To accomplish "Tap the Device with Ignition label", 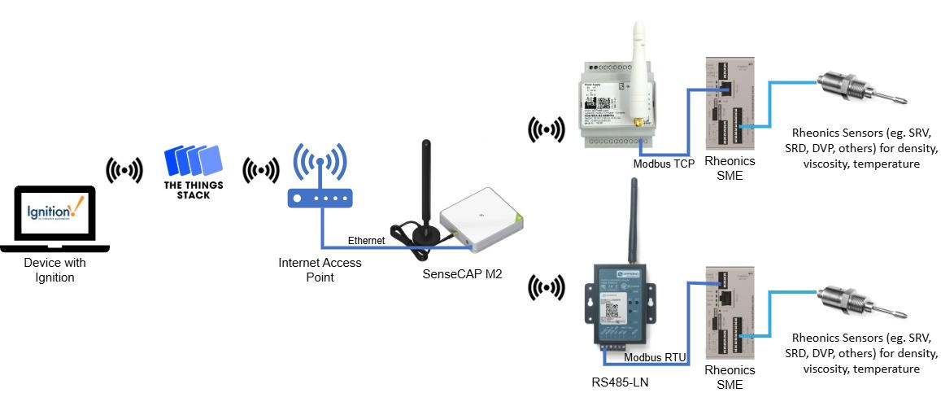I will coord(54,270).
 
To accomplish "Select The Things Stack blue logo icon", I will coord(192,162).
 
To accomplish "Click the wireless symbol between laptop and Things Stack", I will coord(124,170).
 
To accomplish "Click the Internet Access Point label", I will coord(320,270).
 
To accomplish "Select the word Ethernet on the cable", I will coord(366,241).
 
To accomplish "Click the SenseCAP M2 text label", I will coord(462,274).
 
